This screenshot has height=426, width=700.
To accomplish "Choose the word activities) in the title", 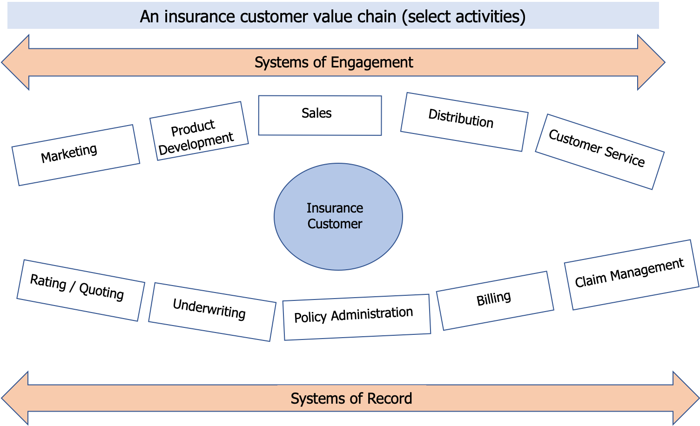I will coord(491,17).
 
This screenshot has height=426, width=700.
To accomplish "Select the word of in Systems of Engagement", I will coord(320,62).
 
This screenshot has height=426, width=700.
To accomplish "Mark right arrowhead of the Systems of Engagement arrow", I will coord(652,62).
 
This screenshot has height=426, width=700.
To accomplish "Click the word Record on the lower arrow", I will coord(389,399).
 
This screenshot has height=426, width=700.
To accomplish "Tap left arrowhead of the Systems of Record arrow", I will coord(14,399).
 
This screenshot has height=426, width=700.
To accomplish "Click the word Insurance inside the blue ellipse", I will coord(335,208).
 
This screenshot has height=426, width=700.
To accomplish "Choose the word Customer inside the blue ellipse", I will coord(335,224).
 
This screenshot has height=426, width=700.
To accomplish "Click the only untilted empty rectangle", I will coord(320,115).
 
